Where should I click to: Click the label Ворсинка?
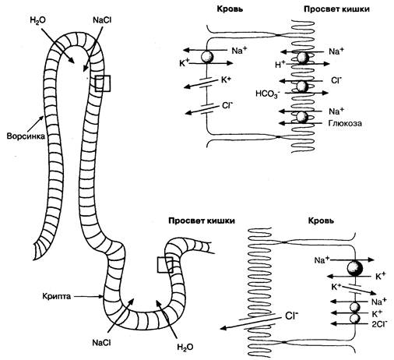point(26,136)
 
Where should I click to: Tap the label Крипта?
point(57,296)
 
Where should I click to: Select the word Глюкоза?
point(345,123)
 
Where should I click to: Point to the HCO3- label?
point(268,94)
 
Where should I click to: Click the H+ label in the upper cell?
point(280,64)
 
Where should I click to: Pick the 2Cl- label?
point(380,323)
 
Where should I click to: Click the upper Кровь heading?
point(230,9)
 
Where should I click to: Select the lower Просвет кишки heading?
point(202,221)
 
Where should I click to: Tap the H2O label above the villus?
point(38,20)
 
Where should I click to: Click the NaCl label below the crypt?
point(101,343)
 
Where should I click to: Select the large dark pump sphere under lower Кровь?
point(355,268)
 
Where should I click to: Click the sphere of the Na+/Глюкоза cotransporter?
point(302,117)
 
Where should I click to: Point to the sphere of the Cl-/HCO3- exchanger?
point(302,86)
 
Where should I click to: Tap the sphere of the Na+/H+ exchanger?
point(303,58)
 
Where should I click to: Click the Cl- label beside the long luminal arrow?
point(291,316)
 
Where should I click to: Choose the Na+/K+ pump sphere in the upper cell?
point(207,57)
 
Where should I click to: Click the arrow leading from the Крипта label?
point(88,296)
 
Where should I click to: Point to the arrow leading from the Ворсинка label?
point(35,125)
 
